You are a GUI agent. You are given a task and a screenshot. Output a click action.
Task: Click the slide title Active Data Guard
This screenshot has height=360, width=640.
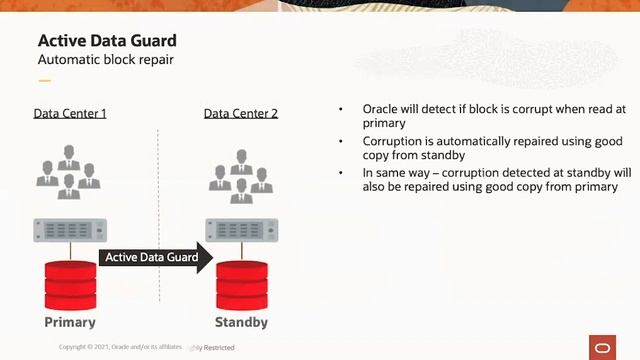(106, 41)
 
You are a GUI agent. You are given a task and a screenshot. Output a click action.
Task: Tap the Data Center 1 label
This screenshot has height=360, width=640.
(70, 113)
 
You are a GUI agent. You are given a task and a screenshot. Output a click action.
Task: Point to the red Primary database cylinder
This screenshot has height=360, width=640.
(70, 284)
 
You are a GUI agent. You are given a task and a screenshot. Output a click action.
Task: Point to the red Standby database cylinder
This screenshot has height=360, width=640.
(242, 284)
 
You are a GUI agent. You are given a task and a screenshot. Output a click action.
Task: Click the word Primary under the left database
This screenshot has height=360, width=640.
(70, 322)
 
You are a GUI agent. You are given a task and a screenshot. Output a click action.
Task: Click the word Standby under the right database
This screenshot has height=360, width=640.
(242, 322)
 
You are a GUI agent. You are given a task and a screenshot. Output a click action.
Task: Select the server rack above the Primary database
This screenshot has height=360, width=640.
(70, 229)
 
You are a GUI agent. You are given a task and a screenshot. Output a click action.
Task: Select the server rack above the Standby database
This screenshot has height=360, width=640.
(241, 229)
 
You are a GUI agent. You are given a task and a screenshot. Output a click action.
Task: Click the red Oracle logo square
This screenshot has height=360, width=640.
(605, 346)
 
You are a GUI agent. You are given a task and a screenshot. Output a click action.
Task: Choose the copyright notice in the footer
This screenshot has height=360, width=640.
(120, 346)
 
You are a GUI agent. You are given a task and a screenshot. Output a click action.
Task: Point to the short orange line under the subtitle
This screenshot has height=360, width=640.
(44, 81)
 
